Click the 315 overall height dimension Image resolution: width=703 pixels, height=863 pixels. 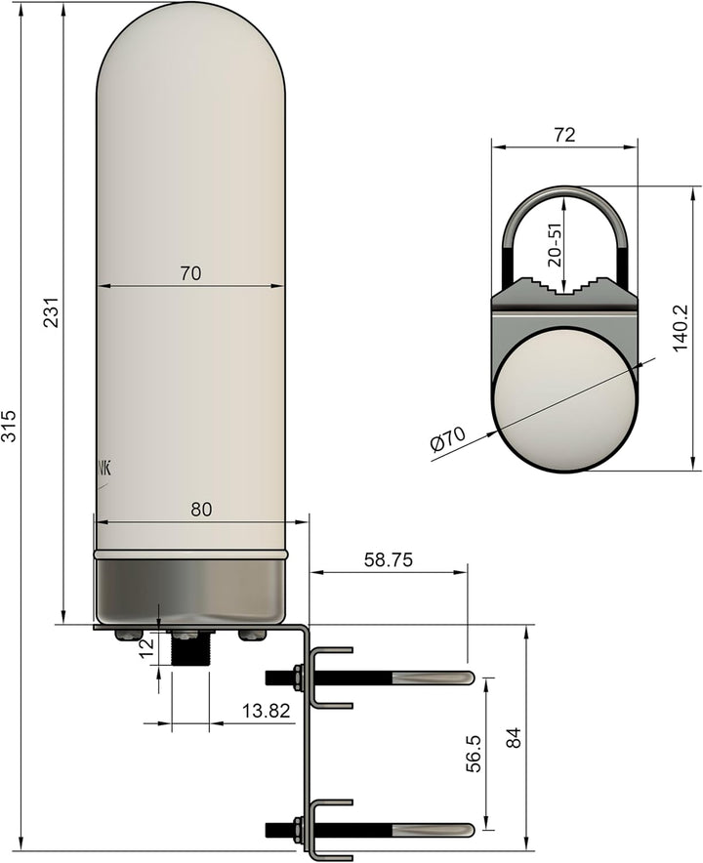point(10,425)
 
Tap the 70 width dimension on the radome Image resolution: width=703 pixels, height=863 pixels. point(190,274)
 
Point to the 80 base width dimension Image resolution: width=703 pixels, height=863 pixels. point(200,509)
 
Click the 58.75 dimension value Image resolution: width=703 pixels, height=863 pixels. point(388,559)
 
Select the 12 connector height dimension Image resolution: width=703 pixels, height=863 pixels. point(147,648)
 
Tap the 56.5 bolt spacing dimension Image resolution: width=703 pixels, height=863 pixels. point(473,753)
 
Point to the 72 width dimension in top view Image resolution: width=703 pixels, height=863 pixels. point(563,136)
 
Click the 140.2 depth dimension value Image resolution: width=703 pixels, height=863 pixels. point(681,326)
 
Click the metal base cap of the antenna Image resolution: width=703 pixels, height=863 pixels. point(191,590)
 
